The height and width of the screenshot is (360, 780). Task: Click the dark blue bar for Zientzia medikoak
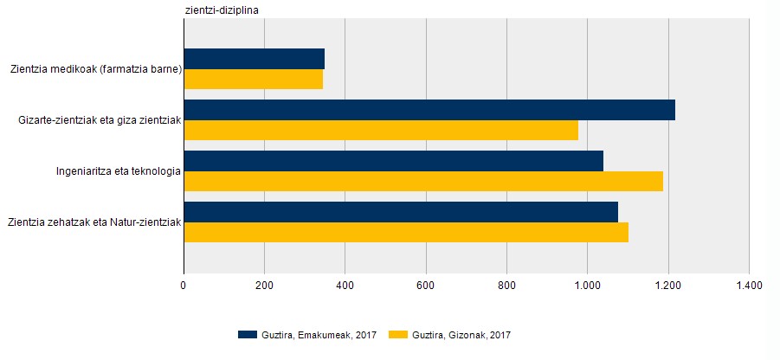255,59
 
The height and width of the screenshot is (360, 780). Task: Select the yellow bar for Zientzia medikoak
254,79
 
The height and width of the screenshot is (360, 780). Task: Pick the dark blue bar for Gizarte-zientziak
429,110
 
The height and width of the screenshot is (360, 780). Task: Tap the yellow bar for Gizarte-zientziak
381,130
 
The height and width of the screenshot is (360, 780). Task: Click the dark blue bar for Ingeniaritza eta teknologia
394,161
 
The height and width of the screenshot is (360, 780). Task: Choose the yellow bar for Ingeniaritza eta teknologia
423,181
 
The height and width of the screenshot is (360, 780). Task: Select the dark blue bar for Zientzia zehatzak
401,212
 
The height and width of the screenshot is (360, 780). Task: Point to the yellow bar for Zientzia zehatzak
406,232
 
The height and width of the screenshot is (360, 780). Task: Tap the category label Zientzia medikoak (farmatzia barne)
96,69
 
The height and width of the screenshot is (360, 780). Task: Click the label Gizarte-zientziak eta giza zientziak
100,120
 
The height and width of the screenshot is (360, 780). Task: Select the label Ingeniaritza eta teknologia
119,171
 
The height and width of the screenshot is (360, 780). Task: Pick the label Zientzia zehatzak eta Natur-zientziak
93,222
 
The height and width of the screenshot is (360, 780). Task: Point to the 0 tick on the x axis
184,284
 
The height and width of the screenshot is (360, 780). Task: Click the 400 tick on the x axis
345,284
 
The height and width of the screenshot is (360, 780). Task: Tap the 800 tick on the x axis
506,284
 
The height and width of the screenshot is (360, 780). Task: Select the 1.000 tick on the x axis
587,284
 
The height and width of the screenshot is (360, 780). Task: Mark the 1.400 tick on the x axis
748,284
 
